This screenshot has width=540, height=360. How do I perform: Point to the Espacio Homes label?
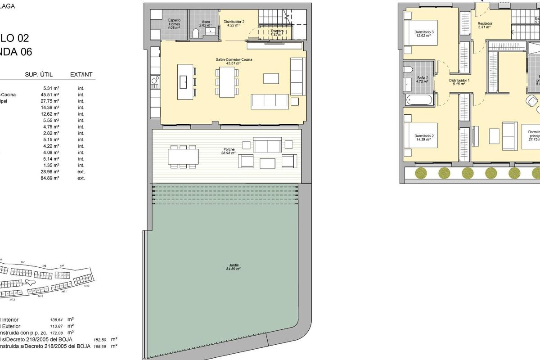tap(174, 22)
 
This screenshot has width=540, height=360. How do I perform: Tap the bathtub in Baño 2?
tap(418, 99)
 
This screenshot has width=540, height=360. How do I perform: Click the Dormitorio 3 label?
tap(424, 32)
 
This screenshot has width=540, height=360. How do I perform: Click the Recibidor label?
tap(485, 23)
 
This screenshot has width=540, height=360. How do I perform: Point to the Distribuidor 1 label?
tap(459, 81)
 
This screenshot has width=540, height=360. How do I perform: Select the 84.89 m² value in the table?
tap(51, 178)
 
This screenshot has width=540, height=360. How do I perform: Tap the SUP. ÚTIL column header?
tap(42, 75)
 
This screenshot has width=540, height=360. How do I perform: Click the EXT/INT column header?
tap(83, 75)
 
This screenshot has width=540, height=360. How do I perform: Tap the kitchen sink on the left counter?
tap(154, 82)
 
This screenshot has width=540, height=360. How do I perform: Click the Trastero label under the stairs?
tap(276, 31)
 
